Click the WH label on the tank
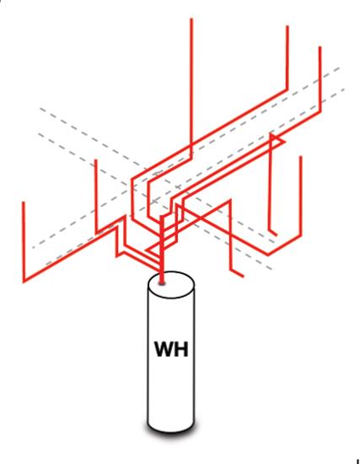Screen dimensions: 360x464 (x=171, y=349)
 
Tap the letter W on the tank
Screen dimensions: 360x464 (x=164, y=349)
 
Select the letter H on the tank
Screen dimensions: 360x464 (x=181, y=349)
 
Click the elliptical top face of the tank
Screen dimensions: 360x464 (x=171, y=285)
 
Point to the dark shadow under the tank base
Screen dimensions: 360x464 (x=172, y=429)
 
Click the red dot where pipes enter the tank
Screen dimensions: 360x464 (x=162, y=283)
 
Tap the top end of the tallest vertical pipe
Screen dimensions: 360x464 (x=191, y=19)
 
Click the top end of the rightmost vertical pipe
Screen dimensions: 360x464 (x=320, y=46)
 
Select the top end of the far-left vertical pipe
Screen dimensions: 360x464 (x=24, y=202)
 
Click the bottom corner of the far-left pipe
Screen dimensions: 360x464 (x=24, y=281)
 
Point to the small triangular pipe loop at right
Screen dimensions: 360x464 (x=277, y=140)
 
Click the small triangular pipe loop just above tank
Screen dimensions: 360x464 (x=154, y=249)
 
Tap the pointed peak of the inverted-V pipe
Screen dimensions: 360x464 (x=229, y=201)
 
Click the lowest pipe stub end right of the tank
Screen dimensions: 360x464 (x=243, y=277)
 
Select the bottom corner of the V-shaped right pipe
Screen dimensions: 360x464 (x=268, y=254)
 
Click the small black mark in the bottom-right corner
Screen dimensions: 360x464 (x=358, y=461)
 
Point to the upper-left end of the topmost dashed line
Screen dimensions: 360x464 (x=40, y=108)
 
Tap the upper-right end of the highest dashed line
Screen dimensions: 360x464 (x=339, y=68)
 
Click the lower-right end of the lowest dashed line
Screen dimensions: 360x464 (x=271, y=269)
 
